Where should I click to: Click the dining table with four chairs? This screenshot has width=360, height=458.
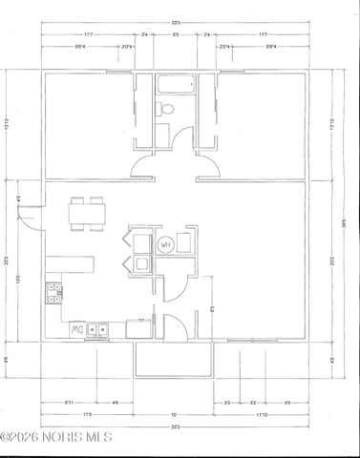86,213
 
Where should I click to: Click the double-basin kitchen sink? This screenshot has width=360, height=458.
97,331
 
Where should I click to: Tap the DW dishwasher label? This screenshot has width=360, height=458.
76,330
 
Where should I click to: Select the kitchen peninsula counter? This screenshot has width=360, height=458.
76,262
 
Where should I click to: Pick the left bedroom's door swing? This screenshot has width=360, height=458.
143,169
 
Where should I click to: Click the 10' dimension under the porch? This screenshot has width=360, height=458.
173,415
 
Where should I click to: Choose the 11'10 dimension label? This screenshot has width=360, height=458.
260,415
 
